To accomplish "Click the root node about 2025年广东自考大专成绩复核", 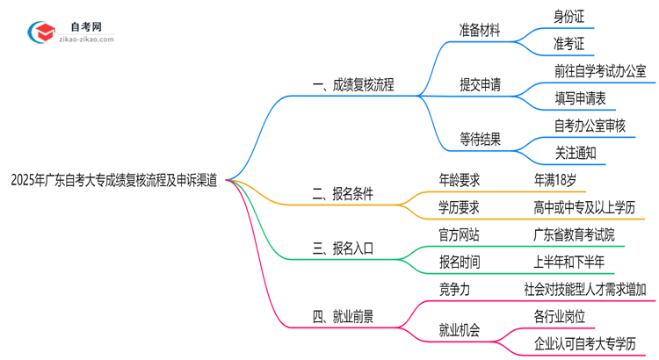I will (114, 180).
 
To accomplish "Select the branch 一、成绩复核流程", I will (352, 85).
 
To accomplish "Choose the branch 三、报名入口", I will (342, 248).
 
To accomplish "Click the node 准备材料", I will (480, 31).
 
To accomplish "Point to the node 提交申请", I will (480, 85).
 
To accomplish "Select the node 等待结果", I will (480, 139).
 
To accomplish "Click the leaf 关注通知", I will (575, 153).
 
